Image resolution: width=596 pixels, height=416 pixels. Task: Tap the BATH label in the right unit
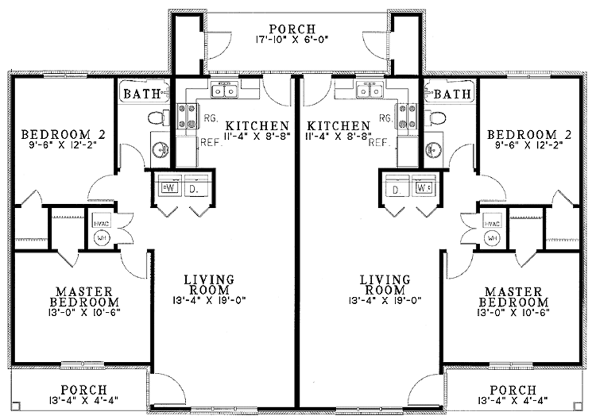tap(452, 94)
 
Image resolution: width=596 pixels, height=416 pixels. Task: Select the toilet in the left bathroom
tap(157, 119)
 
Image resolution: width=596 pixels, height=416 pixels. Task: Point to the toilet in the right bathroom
tap(437, 119)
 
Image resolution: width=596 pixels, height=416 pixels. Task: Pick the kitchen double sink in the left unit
tap(224, 91)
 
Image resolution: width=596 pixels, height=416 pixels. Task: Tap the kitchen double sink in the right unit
tap(370, 91)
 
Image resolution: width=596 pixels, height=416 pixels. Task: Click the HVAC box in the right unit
tap(493, 223)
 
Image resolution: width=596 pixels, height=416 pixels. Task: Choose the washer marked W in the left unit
tap(170, 189)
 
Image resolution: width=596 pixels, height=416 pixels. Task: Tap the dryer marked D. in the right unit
tap(398, 190)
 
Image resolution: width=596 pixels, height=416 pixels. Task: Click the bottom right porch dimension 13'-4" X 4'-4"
tap(513, 400)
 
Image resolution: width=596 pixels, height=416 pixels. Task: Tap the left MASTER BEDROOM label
tap(84, 297)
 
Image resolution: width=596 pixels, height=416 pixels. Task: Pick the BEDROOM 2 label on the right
tap(529, 135)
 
